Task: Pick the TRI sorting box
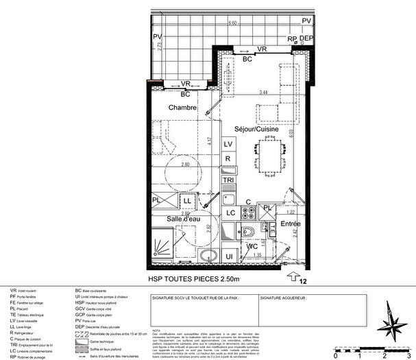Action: [229, 180]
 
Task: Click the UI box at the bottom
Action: [230, 256]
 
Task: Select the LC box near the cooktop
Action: [231, 213]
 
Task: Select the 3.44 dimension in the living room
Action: [262, 92]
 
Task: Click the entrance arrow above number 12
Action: [294, 277]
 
